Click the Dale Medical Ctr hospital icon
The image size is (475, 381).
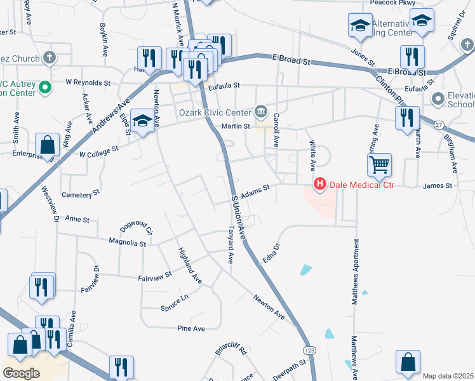pyautogui.click(x=320, y=184)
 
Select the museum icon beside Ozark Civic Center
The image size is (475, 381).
pyautogui.click(x=261, y=112)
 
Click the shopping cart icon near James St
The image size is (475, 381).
pyautogui.click(x=379, y=165)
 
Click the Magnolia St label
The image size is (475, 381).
pyautogui.click(x=128, y=243)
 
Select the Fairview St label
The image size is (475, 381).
pyautogui.click(x=155, y=276)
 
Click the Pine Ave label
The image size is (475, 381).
pyautogui.click(x=191, y=328)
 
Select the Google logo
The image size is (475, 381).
pyautogui.click(x=22, y=373)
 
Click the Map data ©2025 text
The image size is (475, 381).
pyautogui.click(x=448, y=376)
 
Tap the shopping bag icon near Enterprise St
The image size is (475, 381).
pyautogui.click(x=48, y=145)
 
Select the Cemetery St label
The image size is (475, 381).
pyautogui.click(x=81, y=192)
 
